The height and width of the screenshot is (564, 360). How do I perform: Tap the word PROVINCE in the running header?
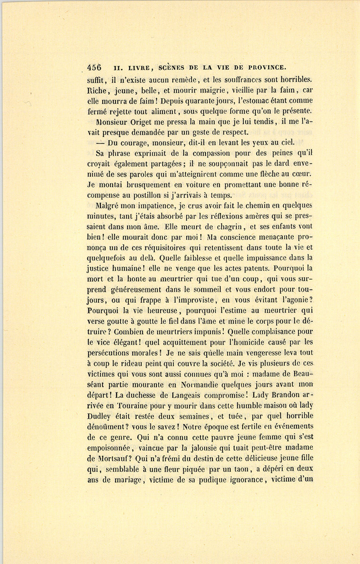click(x=267, y=67)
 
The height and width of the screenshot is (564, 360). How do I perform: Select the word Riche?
click(x=96, y=90)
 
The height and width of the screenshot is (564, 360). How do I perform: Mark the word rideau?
click(x=155, y=363)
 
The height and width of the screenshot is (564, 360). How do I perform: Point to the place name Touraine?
click(x=126, y=405)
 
